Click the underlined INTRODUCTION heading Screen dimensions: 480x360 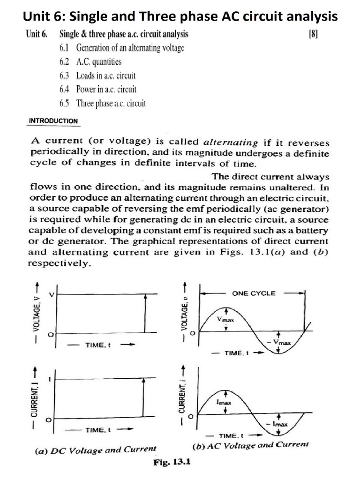click(x=53, y=121)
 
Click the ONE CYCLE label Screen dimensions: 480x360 click(x=254, y=293)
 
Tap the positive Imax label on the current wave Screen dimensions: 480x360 click(x=223, y=402)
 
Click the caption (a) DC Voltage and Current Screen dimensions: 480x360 click(x=96, y=450)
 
